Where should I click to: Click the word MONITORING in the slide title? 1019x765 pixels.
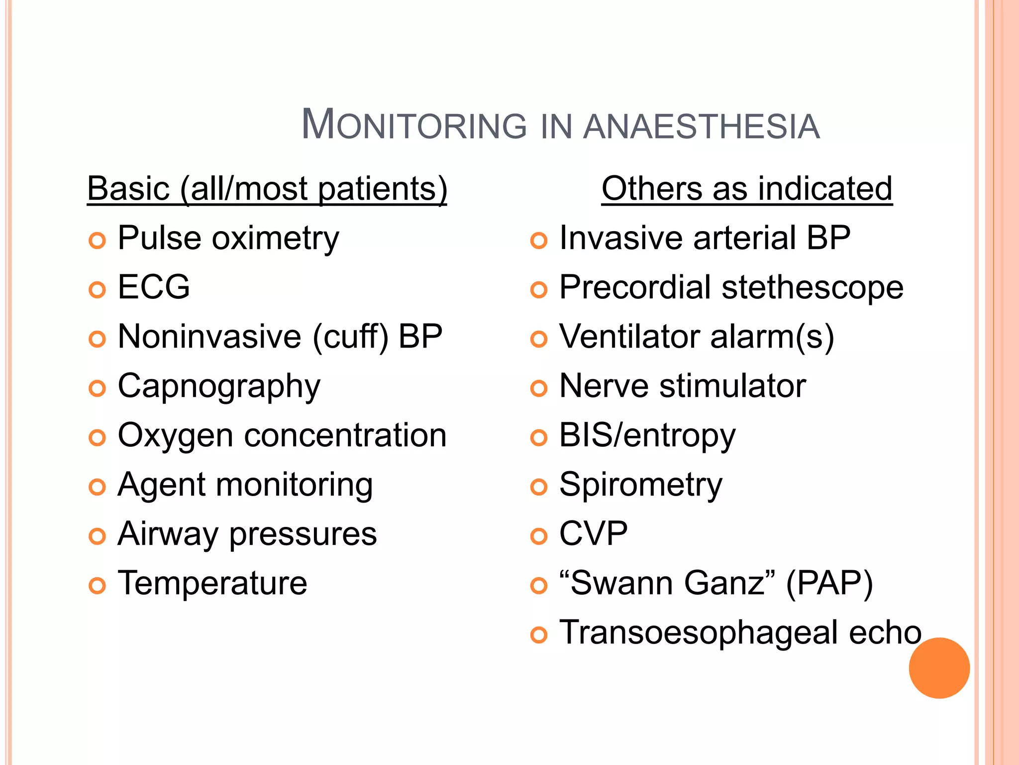(414, 125)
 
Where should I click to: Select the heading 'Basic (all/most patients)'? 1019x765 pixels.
(267, 189)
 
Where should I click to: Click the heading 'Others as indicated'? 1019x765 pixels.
(746, 189)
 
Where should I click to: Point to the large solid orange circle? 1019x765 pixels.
(939, 668)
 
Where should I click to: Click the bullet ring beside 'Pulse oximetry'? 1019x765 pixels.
(97, 241)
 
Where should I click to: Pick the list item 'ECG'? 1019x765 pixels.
(154, 287)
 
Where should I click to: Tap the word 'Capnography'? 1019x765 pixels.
(219, 387)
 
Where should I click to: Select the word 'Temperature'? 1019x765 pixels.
(212, 583)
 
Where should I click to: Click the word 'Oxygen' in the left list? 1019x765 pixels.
(175, 436)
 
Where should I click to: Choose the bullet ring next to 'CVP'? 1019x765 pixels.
(538, 536)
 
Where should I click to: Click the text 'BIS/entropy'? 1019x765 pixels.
(647, 436)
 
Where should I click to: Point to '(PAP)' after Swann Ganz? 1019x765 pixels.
(829, 583)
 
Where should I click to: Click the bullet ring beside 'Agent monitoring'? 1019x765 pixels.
(97, 487)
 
